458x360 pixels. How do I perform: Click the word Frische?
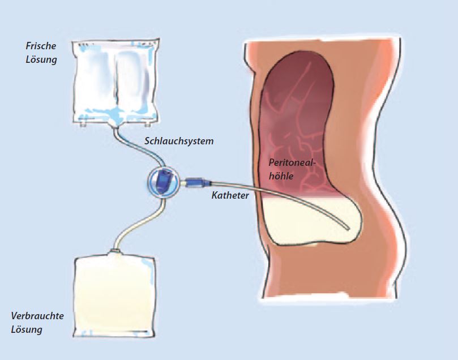(x=41, y=46)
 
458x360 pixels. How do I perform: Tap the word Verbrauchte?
(x=37, y=316)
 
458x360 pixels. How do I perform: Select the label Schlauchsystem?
(x=179, y=142)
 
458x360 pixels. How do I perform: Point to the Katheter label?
(x=230, y=195)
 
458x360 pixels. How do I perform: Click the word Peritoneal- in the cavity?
(x=293, y=162)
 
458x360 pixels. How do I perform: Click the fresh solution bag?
(x=116, y=82)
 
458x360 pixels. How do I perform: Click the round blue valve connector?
(x=163, y=183)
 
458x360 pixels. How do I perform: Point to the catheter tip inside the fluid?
(x=347, y=228)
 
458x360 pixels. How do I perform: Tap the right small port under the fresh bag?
(x=148, y=125)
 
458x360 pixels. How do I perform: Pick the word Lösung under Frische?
(x=41, y=59)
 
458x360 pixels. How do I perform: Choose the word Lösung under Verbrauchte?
(x=27, y=329)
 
